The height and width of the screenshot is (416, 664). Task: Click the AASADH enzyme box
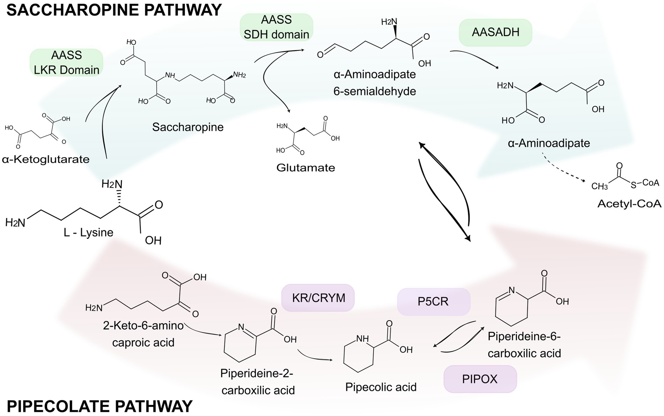click(x=495, y=32)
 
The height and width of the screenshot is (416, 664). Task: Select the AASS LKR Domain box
click(x=66, y=63)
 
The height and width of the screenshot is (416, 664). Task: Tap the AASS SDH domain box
click(x=276, y=27)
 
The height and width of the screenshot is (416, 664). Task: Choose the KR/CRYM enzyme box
click(x=318, y=298)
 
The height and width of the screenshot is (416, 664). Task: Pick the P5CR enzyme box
click(x=433, y=301)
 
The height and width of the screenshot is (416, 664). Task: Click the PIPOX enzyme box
click(x=480, y=379)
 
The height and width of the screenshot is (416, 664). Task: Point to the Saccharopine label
click(x=188, y=127)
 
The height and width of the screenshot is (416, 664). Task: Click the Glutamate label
click(x=305, y=168)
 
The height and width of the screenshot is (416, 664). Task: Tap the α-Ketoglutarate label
click(x=46, y=160)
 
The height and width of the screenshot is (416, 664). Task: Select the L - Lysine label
click(x=89, y=232)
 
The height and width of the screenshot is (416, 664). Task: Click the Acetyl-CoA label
click(x=629, y=204)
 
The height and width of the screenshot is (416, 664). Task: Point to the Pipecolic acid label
click(x=381, y=387)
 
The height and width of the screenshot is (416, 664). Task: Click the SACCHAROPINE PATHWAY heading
click(x=114, y=10)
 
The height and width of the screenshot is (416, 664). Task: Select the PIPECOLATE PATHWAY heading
click(x=100, y=406)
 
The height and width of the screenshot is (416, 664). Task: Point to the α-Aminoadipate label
click(x=549, y=143)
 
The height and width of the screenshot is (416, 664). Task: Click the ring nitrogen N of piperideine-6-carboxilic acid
click(x=511, y=290)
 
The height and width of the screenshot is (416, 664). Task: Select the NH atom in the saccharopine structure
click(x=170, y=75)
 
